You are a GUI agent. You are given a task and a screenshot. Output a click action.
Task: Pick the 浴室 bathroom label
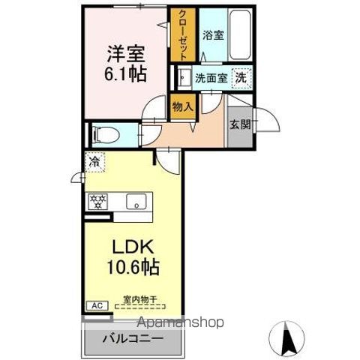[212, 34]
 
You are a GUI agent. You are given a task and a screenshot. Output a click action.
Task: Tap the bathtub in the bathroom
[240, 35]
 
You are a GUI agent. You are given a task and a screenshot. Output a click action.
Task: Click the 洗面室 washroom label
[210, 77]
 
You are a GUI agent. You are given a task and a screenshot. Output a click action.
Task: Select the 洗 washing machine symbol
[242, 76]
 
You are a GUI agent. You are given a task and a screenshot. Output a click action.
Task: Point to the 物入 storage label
[183, 106]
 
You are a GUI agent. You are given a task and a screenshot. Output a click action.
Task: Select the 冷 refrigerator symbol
[95, 162]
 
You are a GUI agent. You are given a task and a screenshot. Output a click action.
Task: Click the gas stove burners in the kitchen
[98, 201]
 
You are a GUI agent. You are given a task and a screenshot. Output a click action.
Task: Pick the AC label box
[97, 305]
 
